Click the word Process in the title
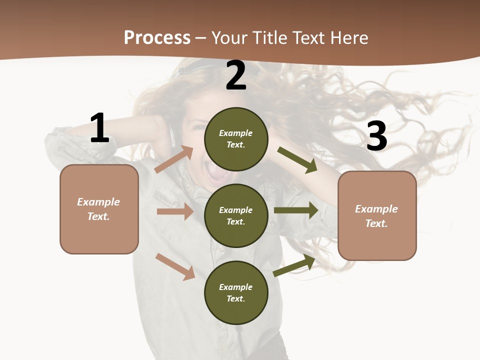click(x=157, y=38)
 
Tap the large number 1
click(x=99, y=129)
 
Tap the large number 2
click(x=236, y=76)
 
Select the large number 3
click(x=376, y=136)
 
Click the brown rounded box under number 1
click(x=99, y=209)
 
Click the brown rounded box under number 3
click(x=377, y=216)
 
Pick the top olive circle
click(x=236, y=139)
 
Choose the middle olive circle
click(x=236, y=215)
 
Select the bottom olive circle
click(x=236, y=292)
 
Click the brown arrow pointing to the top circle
click(x=174, y=159)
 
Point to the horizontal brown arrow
click(x=175, y=211)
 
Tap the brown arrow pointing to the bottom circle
click(x=175, y=266)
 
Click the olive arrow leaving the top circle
click(x=297, y=160)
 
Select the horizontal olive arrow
click(x=296, y=210)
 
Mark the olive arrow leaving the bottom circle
click(x=294, y=265)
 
